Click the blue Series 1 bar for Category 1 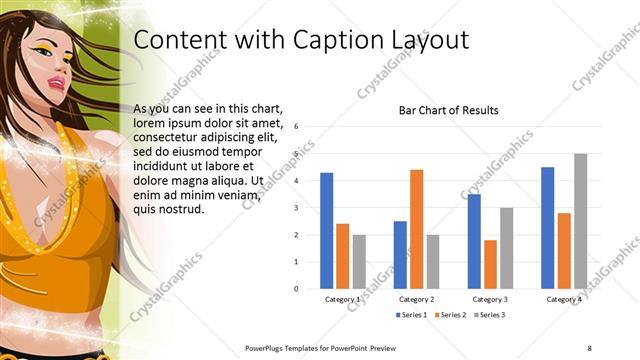pos(326,230)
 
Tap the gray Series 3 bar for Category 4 pos(580,221)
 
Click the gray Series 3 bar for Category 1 pos(359,261)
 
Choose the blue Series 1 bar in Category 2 pos(400,254)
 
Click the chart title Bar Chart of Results pos(448,111)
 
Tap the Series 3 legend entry pos(489,315)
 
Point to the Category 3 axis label pos(490,299)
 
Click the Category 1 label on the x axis pos(342,299)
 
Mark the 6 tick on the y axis pos(297,127)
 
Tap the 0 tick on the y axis pos(297,288)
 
